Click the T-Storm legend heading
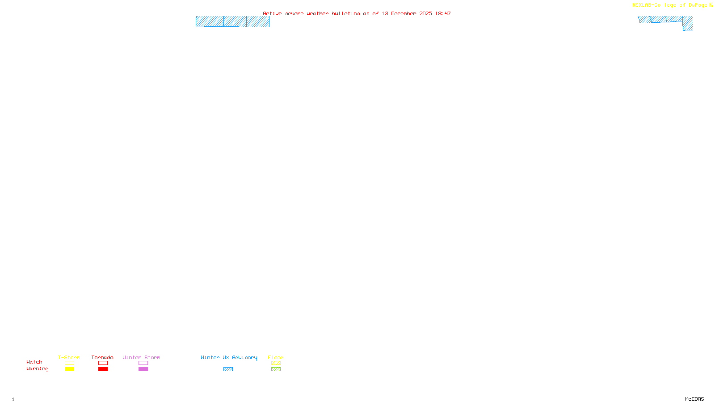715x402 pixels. [69, 357]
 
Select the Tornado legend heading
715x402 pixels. [102, 357]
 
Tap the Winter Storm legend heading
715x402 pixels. [141, 357]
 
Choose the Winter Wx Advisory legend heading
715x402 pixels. [229, 357]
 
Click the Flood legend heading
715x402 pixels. [276, 357]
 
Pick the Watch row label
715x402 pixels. [34, 362]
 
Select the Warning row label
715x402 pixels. [38, 369]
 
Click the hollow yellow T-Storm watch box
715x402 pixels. [69, 363]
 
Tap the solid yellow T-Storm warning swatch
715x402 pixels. [69, 369]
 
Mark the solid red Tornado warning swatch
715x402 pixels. [103, 369]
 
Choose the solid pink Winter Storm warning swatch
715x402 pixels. [143, 369]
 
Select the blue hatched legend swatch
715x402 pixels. [228, 369]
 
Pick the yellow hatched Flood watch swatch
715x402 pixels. [276, 363]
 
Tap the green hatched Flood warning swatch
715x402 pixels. [276, 369]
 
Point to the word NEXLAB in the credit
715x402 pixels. [642, 5]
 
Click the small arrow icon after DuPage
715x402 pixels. [711, 5]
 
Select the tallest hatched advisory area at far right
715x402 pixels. [688, 24]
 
